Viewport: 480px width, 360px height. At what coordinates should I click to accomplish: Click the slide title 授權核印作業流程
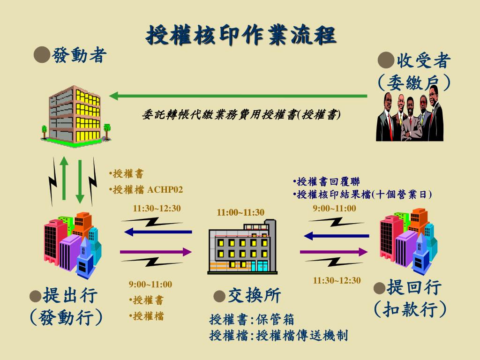click(241, 35)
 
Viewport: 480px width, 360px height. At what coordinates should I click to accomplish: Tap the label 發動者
click(80, 56)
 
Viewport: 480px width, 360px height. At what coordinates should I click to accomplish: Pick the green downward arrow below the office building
click(80, 180)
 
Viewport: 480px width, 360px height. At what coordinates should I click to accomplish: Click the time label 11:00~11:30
click(240, 213)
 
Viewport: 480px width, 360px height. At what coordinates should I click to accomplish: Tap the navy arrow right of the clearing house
click(334, 235)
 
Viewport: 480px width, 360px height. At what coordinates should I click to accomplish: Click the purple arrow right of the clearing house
click(334, 252)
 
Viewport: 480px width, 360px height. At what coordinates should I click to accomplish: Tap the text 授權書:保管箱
click(252, 320)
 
